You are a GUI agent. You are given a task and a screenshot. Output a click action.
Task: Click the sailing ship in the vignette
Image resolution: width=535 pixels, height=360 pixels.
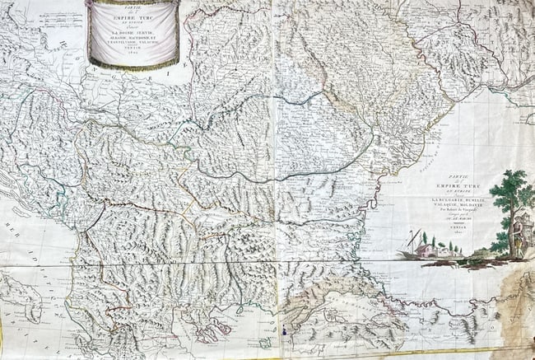point(412,244)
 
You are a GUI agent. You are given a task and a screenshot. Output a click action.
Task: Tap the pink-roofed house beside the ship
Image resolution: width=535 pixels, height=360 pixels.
point(426,250)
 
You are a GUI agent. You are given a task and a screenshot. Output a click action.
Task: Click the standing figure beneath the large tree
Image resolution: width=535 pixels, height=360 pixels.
point(516,235)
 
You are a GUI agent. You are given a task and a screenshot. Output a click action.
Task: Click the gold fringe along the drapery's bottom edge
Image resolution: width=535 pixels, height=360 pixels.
point(133,66)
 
